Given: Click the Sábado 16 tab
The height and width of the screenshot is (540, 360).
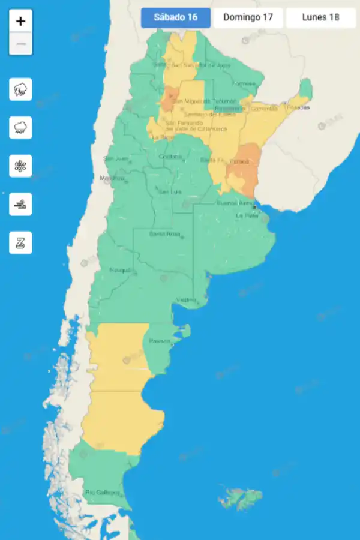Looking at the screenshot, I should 176,17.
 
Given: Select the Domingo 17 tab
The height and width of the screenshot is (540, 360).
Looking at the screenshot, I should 248,17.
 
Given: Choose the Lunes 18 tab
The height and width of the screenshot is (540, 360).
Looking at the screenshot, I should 320,17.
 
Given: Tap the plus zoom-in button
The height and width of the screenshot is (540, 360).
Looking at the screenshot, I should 21,22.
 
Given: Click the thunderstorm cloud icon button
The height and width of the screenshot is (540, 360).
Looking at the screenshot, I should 21,89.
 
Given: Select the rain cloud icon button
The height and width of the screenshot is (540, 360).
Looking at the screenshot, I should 21,128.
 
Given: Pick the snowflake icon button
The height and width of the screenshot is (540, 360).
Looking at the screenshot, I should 21,166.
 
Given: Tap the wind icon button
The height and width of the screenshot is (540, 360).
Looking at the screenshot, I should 21,205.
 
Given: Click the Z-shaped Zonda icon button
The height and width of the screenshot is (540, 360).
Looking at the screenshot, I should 21,243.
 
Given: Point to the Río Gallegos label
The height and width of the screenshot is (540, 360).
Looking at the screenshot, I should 103,493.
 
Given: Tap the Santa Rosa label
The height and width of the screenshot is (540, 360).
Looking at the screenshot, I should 164,233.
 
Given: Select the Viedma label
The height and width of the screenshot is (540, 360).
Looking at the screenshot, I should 186,299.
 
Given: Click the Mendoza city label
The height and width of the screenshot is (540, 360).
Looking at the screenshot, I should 113,178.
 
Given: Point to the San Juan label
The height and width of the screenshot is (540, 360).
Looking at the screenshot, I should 116,158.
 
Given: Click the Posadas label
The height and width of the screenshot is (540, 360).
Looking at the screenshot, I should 298,107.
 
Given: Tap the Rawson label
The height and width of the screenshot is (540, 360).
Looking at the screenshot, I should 160,341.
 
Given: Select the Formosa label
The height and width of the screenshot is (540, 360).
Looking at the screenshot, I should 244,83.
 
